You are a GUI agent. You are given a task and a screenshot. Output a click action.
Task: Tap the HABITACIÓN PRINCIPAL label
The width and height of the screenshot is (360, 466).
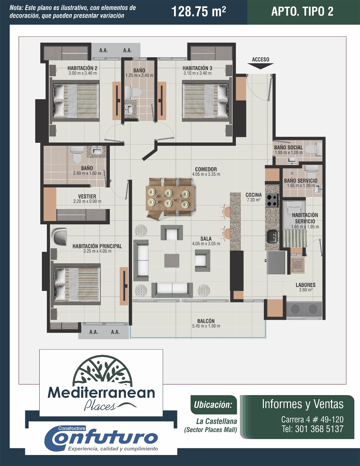[97, 246]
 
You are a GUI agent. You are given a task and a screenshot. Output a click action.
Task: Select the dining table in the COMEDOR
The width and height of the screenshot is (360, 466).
[170, 198]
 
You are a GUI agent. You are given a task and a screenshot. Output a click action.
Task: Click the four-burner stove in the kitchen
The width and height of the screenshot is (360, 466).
[272, 200]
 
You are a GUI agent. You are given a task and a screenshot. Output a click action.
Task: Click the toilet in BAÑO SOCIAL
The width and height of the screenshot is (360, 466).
[313, 149]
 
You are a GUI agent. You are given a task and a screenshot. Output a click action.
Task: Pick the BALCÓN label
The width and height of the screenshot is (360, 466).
[206, 321]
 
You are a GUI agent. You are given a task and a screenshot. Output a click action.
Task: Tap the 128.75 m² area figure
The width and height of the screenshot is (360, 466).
[199, 12]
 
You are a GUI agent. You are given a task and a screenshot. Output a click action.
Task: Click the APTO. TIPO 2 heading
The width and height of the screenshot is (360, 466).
[302, 11]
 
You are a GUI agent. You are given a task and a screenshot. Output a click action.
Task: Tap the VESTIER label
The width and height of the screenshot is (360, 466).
[87, 196]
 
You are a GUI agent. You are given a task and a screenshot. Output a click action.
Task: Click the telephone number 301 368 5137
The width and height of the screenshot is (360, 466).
[319, 429]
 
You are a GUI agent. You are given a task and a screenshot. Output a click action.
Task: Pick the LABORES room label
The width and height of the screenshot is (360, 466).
[305, 285]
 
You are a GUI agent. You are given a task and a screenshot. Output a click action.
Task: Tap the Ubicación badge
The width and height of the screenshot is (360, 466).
[213, 405]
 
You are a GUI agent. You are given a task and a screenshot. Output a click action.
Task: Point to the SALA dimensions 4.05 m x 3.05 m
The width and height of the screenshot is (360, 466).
[206, 244]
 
